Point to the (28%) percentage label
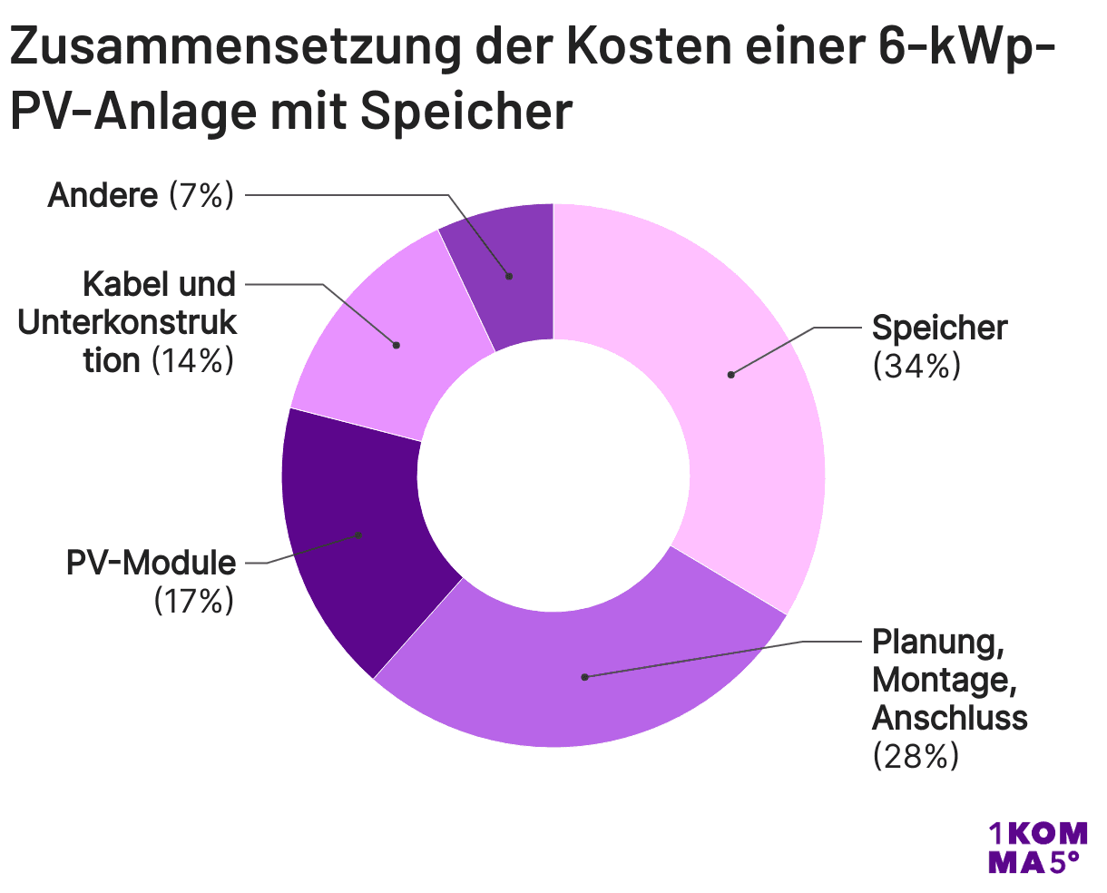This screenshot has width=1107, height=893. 916,755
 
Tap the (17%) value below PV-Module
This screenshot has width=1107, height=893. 192,601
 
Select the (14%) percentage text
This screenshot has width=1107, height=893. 192,361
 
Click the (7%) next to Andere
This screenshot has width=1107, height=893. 201,195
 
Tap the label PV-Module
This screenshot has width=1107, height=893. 151,563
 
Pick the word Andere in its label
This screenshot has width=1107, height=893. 103,195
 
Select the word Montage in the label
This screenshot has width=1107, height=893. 938,679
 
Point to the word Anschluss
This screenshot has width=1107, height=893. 949,717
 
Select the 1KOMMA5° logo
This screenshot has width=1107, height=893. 1036,848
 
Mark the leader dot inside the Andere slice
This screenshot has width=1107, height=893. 509,275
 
